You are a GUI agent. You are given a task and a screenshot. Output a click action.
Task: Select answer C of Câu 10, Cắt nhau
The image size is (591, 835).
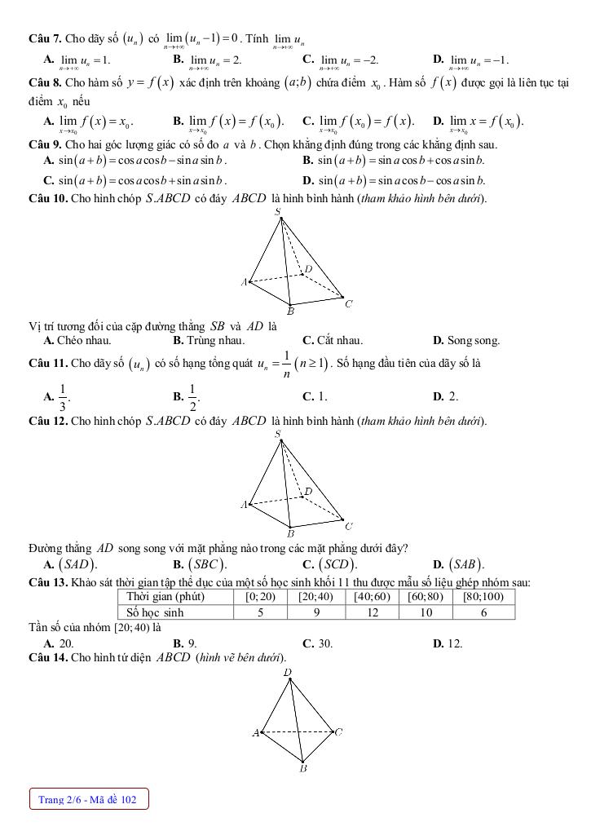(333, 341)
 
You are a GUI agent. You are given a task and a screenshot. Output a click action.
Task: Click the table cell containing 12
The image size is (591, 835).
(373, 612)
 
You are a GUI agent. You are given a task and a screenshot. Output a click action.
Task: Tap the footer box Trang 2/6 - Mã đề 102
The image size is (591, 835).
(88, 800)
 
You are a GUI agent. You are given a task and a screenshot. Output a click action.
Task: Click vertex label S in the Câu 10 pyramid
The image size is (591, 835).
(278, 212)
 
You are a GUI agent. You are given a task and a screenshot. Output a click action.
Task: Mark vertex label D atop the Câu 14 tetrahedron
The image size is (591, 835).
(288, 673)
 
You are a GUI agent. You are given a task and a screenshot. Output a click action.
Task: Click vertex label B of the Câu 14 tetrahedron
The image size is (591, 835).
(303, 767)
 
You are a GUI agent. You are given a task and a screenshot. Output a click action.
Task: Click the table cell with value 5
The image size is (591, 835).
(259, 612)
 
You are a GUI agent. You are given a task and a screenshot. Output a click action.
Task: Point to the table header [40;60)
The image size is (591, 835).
(373, 597)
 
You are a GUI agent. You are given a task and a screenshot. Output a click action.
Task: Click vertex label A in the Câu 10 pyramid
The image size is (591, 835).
(244, 283)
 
